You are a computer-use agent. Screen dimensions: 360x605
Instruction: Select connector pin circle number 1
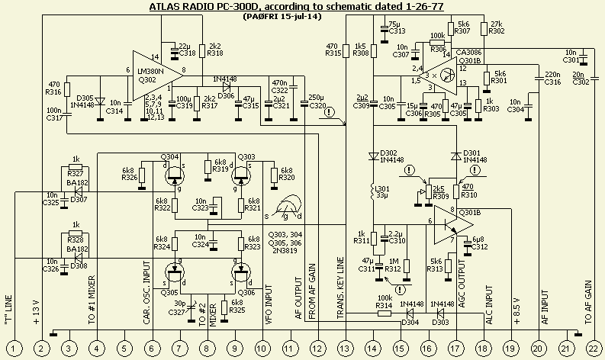point(14,348)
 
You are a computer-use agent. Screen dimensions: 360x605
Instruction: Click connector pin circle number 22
point(593,348)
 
